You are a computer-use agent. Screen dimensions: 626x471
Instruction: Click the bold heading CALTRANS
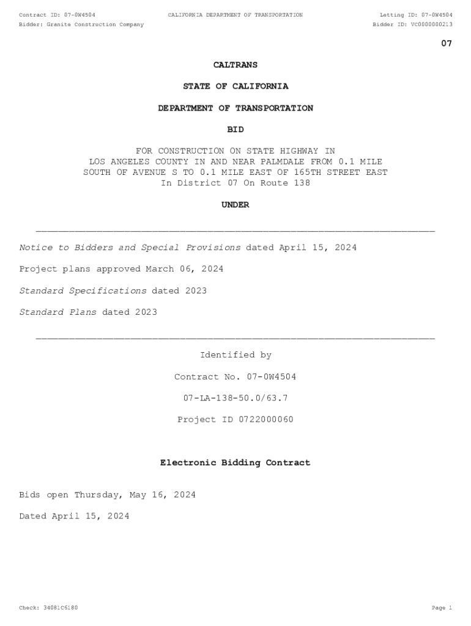(236, 65)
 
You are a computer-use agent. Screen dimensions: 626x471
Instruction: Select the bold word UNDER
(236, 205)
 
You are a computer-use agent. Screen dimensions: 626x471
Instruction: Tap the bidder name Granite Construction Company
(95, 24)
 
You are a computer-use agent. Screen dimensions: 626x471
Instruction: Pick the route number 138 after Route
(302, 183)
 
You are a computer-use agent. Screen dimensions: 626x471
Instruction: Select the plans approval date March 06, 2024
(184, 269)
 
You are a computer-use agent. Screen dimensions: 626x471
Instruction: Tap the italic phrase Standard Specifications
(83, 290)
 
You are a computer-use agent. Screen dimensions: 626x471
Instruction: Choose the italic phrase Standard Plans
(57, 312)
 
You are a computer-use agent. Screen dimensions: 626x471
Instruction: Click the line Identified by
(236, 355)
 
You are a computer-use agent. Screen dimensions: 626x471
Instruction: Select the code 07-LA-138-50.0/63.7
(236, 398)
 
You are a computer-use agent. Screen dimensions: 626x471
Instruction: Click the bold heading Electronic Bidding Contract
(236, 463)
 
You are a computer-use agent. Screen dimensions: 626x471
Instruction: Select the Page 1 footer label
(442, 608)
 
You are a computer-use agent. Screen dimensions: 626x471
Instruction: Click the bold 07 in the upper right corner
(447, 43)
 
